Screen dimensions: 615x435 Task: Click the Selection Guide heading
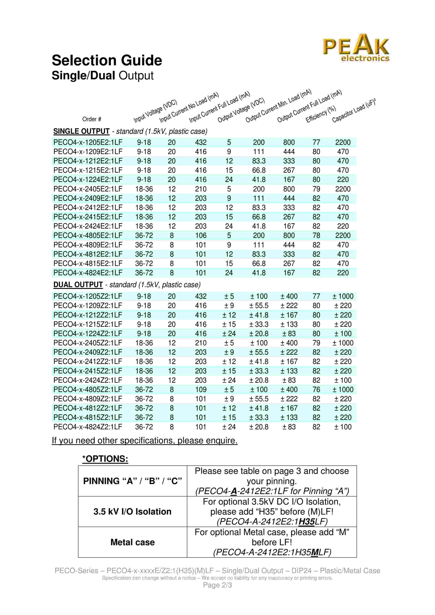pos(107,60)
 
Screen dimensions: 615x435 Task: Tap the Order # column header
pos(92,119)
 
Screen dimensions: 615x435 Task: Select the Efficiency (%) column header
pos(321,114)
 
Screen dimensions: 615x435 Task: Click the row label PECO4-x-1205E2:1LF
pos(88,143)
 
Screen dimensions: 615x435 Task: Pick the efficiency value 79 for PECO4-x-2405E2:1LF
pos(316,189)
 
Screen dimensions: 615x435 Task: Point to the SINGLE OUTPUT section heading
pos(81,131)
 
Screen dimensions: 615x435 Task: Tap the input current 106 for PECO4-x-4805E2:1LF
pos(201,236)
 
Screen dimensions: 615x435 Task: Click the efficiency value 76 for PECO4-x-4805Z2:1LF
pos(316,390)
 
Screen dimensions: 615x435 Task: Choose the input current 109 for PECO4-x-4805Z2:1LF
pos(201,390)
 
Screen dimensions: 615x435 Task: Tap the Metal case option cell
pos(132,542)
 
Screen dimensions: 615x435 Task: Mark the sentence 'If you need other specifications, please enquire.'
pos(145,441)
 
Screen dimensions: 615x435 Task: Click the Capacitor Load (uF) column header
pos(354,110)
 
